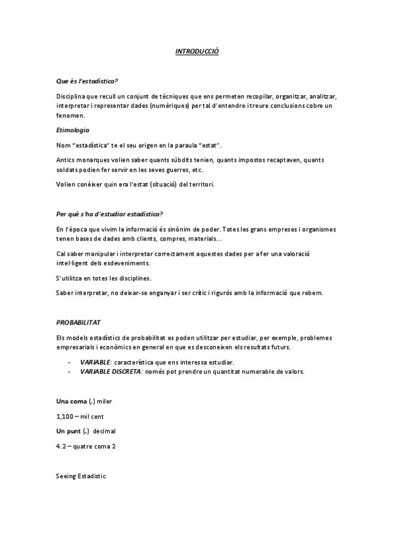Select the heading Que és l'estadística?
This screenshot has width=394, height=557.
(87, 81)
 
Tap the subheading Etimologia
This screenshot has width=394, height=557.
(73, 130)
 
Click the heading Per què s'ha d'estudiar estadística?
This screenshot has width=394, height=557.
(110, 214)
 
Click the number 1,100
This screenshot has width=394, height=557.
(66, 416)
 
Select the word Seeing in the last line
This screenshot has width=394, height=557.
(67, 476)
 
